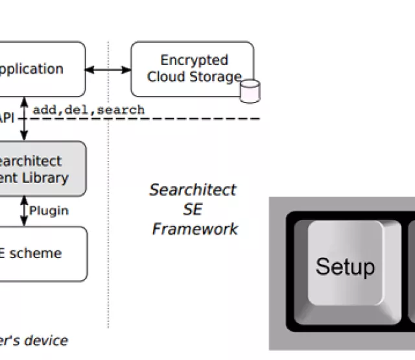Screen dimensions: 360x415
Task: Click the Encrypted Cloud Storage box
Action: point(192,69)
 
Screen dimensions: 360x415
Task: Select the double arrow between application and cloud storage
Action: point(108,68)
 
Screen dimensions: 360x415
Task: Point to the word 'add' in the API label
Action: point(44,110)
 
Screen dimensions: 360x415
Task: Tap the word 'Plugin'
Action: point(49,211)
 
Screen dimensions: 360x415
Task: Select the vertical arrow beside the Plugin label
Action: point(25,211)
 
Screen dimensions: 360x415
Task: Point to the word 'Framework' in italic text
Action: point(195,229)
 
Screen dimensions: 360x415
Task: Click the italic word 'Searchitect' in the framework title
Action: point(193,190)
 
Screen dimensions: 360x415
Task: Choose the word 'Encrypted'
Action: point(195,60)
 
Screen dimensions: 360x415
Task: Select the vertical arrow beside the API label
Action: point(25,119)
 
